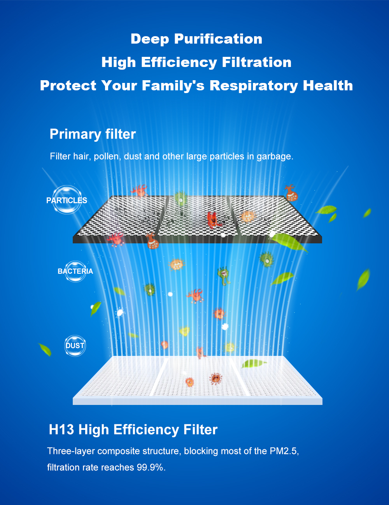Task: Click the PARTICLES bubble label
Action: (67, 200)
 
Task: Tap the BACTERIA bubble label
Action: (75, 271)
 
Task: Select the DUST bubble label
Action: (75, 346)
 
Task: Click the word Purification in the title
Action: (218, 39)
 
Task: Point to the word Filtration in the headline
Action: (256, 62)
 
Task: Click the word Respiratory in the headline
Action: (254, 86)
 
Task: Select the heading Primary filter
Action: (93, 134)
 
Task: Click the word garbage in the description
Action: (275, 157)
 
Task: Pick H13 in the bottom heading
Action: (61, 429)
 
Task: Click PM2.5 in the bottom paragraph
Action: (284, 451)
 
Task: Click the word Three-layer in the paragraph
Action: (71, 451)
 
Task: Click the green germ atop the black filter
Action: (180, 199)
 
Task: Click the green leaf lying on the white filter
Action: (254, 363)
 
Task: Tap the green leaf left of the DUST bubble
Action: (45, 350)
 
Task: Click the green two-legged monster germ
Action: (224, 276)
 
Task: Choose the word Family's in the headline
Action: (173, 86)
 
